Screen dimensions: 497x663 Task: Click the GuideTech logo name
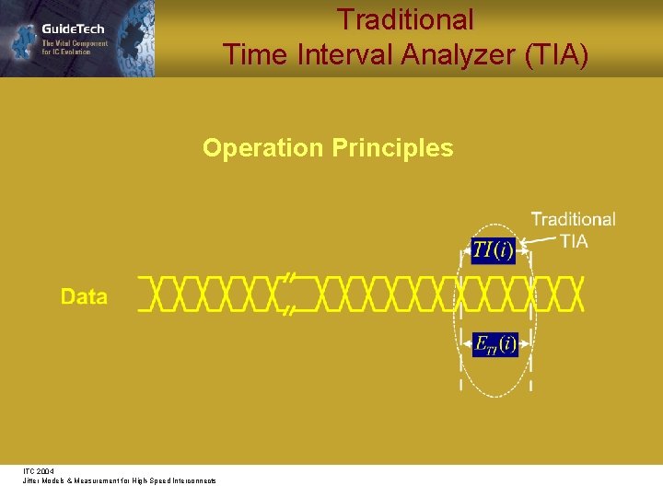coord(73,29)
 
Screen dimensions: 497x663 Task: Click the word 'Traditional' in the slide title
coord(405,19)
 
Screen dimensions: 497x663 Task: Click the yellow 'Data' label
coord(84,296)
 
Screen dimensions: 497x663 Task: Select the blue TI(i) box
coord(494,249)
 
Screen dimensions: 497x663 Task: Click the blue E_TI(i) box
coord(495,344)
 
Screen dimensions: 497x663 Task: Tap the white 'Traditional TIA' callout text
coord(573,229)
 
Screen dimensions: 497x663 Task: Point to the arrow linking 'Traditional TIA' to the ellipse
coord(539,243)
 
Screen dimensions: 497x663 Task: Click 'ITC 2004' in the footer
coord(39,470)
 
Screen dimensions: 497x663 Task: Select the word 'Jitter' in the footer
coord(32,481)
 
